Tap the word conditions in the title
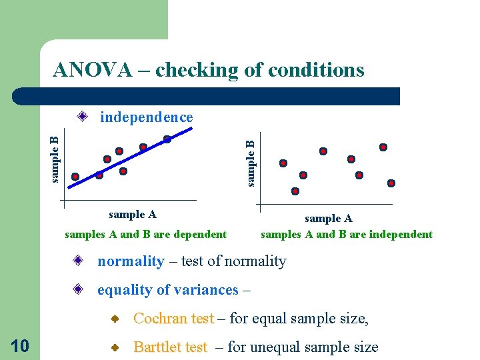tap(313, 70)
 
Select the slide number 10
tap(20, 345)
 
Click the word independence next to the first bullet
tap(146, 117)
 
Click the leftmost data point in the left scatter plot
tap(75, 177)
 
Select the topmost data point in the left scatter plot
tap(167, 139)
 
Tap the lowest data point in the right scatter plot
tap(295, 191)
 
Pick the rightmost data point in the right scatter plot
tap(391, 183)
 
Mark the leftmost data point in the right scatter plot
tap(283, 163)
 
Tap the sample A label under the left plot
tap(132, 215)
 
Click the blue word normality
tap(131, 261)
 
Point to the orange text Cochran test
tap(173, 319)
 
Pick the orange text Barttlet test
tap(171, 347)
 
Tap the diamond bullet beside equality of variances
tap(79, 290)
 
